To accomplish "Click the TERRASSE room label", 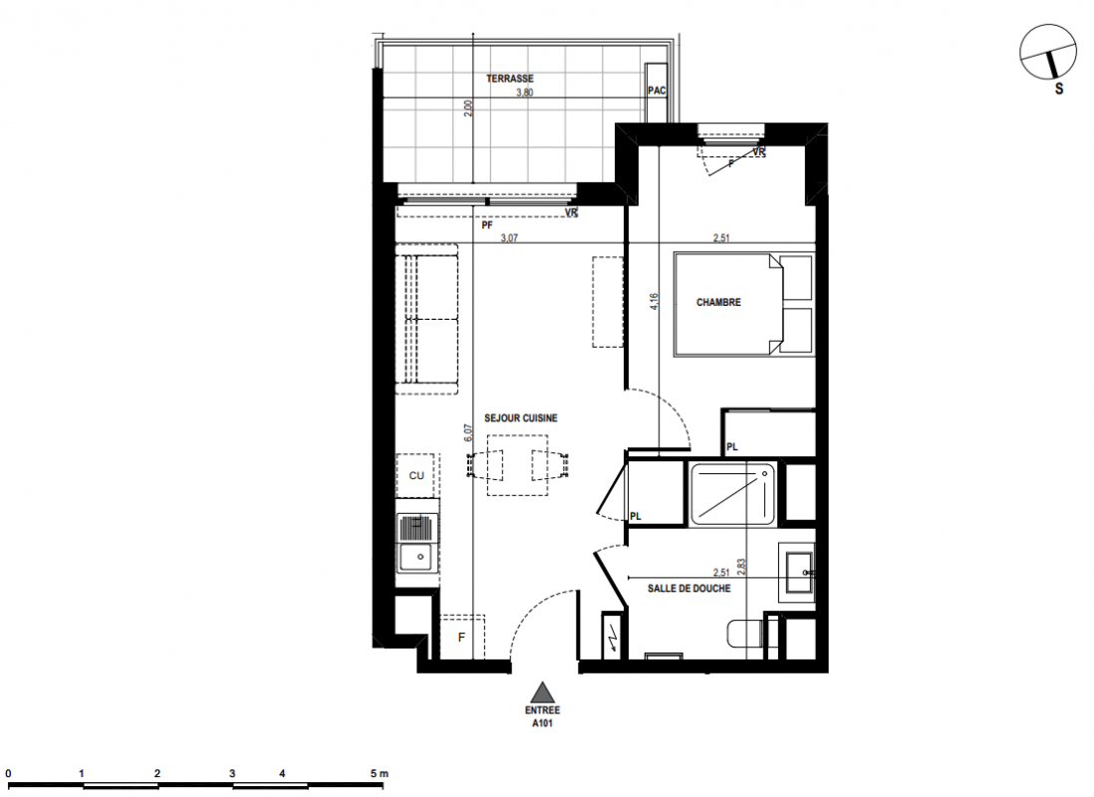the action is [509, 79].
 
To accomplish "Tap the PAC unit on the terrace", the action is [657, 92].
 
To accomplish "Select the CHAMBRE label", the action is [718, 302].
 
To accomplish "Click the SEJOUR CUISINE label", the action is [520, 418].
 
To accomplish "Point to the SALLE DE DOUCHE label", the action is [688, 589].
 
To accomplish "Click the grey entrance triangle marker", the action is [542, 692].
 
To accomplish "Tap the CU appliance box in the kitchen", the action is [415, 475].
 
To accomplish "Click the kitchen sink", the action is [417, 543].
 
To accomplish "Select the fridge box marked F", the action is [462, 637].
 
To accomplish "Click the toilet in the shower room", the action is [746, 634].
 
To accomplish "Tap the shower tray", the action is [732, 494].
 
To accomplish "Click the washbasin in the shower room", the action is [798, 572].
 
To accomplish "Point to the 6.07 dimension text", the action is [469, 432].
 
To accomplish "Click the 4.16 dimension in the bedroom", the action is [654, 302].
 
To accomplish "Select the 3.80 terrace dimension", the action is [525, 92].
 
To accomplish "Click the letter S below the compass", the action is [1059, 89].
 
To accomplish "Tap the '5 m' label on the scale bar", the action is [379, 773].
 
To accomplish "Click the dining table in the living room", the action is [517, 465].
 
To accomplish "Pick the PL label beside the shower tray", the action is [635, 516].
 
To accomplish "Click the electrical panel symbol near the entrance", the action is [614, 635].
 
